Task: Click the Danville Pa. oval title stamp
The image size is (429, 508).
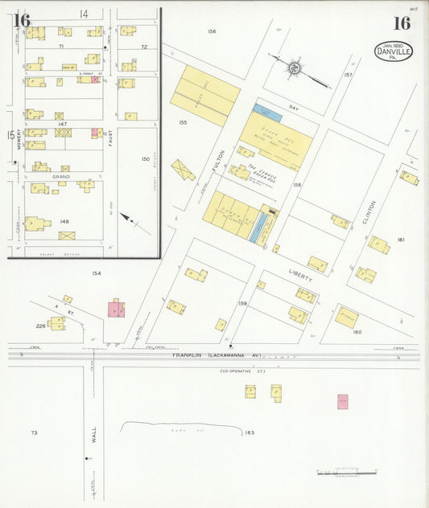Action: pos(394,51)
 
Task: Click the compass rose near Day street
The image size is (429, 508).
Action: pos(294,68)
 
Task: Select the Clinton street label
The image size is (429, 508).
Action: pos(371,212)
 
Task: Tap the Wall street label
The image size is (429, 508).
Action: pos(94,436)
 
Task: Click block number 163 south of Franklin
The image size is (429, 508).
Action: pos(250,432)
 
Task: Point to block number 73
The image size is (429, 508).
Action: pos(34,432)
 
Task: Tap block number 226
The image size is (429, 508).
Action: pos(40,326)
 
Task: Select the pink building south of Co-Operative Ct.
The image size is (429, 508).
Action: pos(342,401)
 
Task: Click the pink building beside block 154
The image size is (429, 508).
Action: pos(117,309)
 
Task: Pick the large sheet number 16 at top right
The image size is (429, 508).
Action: pos(401,23)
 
